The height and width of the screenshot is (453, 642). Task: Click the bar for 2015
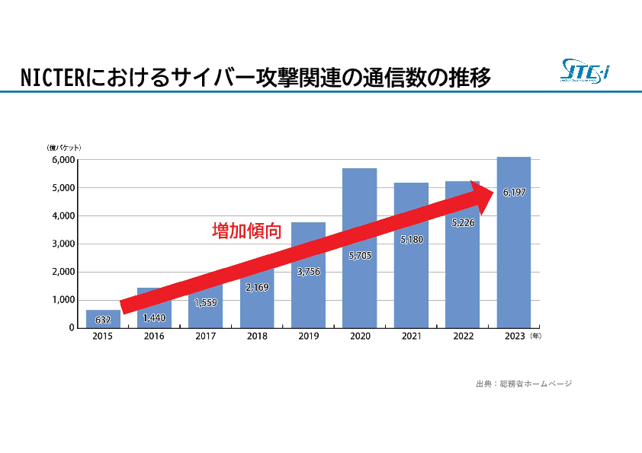point(103,319)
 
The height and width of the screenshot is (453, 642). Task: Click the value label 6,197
point(514,192)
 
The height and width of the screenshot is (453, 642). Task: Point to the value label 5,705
point(360,255)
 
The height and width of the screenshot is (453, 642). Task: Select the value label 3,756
point(308,271)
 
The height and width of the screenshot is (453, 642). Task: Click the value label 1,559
point(206,302)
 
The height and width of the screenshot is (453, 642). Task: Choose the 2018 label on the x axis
point(257,336)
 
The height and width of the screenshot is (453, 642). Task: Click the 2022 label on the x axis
point(463,336)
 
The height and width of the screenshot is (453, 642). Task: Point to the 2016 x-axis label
point(154,336)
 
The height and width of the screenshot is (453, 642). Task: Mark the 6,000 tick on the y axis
point(63,160)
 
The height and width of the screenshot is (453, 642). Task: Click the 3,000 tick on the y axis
point(63,244)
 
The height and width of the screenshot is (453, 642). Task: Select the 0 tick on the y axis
point(72,327)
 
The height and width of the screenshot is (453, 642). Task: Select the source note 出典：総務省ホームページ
point(523,384)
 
